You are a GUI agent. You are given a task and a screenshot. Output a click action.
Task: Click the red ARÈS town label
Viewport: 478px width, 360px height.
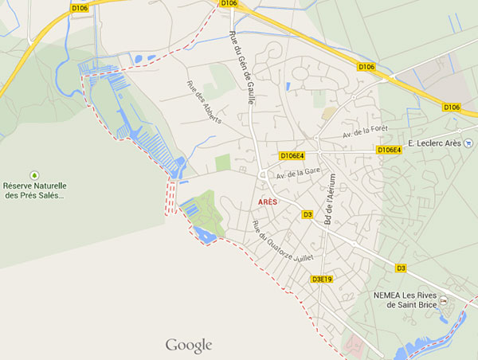(x=268, y=202)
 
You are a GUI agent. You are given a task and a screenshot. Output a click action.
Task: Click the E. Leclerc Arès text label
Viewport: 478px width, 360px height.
(x=436, y=143)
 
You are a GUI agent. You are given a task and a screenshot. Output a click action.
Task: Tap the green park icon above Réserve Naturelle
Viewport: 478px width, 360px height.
(x=34, y=174)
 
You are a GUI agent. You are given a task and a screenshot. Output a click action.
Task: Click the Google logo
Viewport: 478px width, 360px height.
(x=189, y=345)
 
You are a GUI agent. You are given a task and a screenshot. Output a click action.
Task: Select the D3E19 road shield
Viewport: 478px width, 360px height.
(x=321, y=279)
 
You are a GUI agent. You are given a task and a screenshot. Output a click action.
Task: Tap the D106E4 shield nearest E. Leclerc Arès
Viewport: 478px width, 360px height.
(x=390, y=150)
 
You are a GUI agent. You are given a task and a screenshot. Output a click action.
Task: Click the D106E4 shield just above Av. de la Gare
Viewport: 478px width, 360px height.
(x=292, y=155)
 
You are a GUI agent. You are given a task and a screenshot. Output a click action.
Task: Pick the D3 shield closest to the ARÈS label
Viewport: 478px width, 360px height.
(x=308, y=214)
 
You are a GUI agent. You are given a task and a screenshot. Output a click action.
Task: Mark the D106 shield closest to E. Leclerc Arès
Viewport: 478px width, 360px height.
(x=452, y=107)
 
